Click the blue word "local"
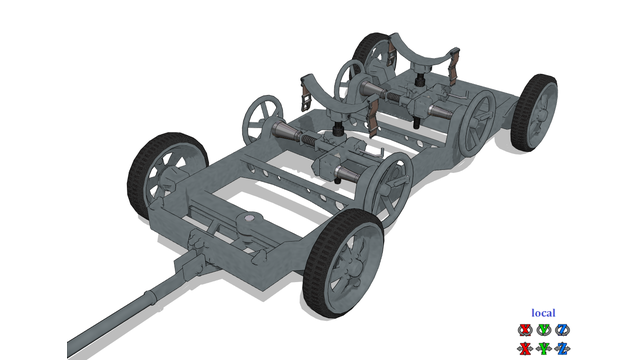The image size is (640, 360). tap(543, 313)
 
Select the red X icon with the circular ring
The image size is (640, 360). tap(525, 330)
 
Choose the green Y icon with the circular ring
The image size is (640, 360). tap(544, 330)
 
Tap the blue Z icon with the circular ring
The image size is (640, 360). tap(563, 330)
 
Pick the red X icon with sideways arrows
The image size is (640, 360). tap(525, 349)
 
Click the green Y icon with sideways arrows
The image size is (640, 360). tap(544, 349)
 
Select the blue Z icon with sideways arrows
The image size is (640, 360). tap(563, 349)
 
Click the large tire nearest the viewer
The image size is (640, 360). tap(343, 263)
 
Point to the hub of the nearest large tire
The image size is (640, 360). tap(351, 267)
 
